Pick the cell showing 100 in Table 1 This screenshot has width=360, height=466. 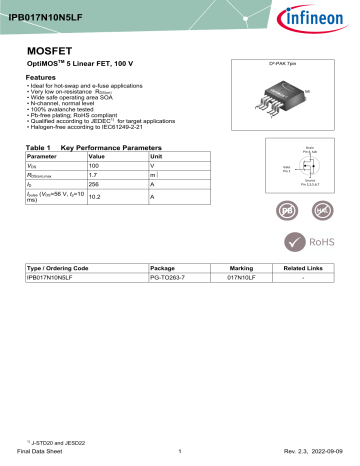pyautogui.click(x=97, y=169)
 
